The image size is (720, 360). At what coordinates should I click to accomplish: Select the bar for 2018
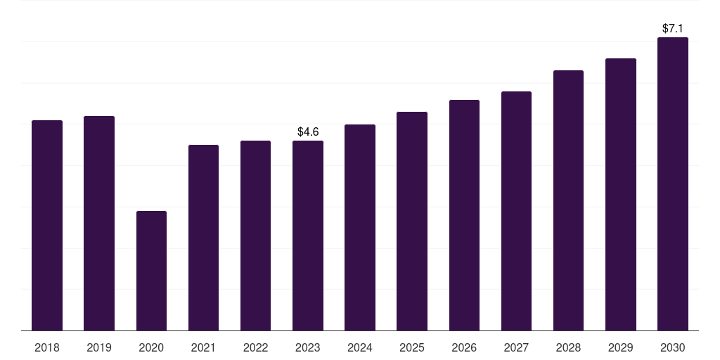pyautogui.click(x=47, y=226)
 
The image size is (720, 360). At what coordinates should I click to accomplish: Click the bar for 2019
pyautogui.click(x=99, y=223)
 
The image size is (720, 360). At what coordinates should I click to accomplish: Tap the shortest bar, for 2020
pyautogui.click(x=152, y=271)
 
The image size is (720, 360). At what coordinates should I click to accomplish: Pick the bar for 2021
pyautogui.click(x=203, y=238)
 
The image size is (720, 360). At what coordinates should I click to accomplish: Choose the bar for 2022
pyautogui.click(x=255, y=236)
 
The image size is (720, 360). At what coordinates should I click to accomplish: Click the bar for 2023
pyautogui.click(x=308, y=236)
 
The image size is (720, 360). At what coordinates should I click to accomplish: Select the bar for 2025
pyautogui.click(x=412, y=221)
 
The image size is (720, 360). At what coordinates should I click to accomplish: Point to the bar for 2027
pyautogui.click(x=516, y=211)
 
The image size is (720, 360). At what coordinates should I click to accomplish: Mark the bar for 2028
pyautogui.click(x=568, y=200)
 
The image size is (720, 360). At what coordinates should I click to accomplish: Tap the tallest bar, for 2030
pyautogui.click(x=673, y=184)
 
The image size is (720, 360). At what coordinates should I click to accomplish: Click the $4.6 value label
pyautogui.click(x=308, y=132)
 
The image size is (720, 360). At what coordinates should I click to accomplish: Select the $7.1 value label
pyautogui.click(x=673, y=28)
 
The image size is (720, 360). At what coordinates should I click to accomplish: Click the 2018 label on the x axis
pyautogui.click(x=47, y=347)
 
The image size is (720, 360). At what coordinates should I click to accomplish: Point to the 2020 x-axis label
pyautogui.click(x=152, y=347)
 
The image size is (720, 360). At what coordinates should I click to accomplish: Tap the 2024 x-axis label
pyautogui.click(x=360, y=347)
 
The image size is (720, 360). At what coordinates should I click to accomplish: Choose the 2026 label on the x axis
pyautogui.click(x=464, y=347)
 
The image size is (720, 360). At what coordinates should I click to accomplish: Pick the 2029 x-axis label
pyautogui.click(x=620, y=347)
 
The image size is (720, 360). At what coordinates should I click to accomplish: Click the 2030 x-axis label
pyautogui.click(x=673, y=347)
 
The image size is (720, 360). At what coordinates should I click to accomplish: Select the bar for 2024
pyautogui.click(x=360, y=228)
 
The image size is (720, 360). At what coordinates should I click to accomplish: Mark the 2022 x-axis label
pyautogui.click(x=255, y=347)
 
